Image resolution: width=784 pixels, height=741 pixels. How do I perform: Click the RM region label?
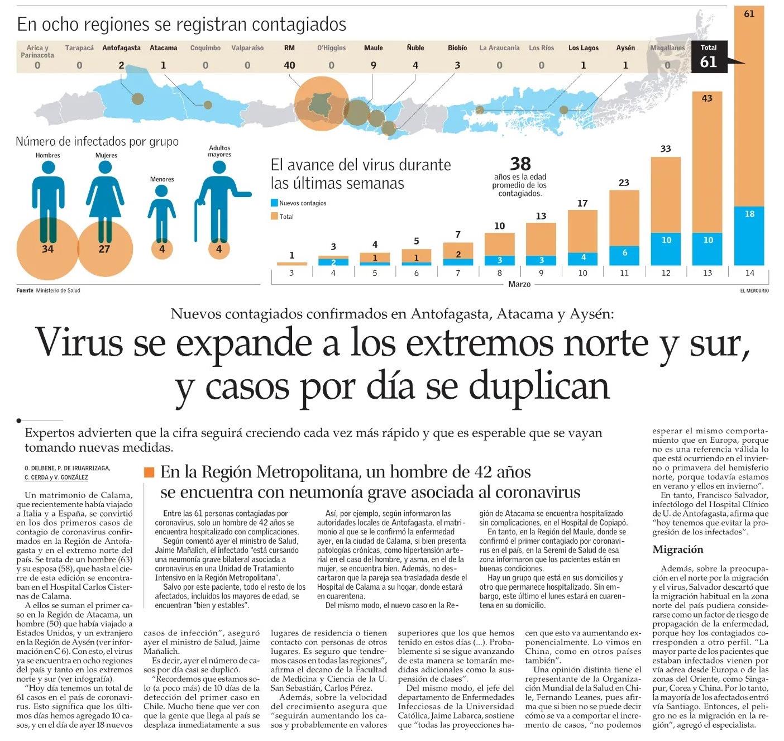click(x=289, y=48)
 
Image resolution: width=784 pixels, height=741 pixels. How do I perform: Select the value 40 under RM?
click(x=289, y=65)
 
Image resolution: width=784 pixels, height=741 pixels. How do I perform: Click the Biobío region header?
click(x=457, y=48)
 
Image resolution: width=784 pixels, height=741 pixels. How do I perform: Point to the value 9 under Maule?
click(x=373, y=65)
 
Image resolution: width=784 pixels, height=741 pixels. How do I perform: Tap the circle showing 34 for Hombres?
click(x=47, y=249)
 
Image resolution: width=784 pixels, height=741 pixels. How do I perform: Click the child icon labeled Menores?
click(x=162, y=212)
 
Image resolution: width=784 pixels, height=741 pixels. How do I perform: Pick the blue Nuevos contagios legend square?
click(x=274, y=203)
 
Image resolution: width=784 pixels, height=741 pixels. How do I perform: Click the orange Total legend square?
click(x=274, y=216)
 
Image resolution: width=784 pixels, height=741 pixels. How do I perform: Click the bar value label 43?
click(x=707, y=98)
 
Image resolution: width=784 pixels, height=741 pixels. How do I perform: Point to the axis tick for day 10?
click(x=582, y=273)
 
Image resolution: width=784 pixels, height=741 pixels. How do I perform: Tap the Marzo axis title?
click(x=519, y=284)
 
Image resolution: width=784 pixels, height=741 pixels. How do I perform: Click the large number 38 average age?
click(x=520, y=164)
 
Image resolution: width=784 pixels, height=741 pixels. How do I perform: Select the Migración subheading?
click(x=678, y=549)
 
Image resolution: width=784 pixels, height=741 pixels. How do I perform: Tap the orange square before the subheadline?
click(x=149, y=472)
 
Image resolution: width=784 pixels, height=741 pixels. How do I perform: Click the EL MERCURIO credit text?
click(x=754, y=290)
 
